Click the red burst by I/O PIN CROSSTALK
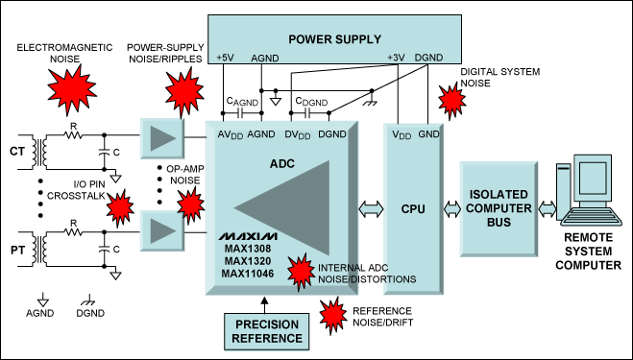pos(118,205)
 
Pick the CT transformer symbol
pos(38,151)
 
